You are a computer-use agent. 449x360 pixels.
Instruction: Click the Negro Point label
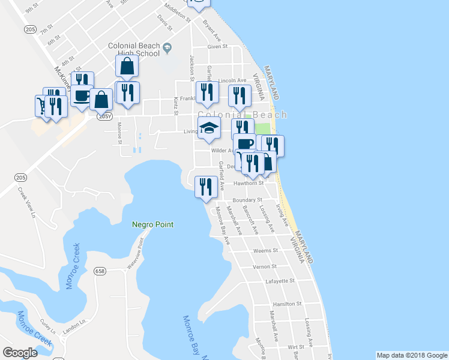pyautogui.click(x=152, y=224)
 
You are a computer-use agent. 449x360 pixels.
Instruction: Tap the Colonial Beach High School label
pyautogui.click(x=133, y=49)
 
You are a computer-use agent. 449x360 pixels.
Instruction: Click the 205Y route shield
pyautogui.click(x=105, y=117)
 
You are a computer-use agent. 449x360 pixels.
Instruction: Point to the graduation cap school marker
pyautogui.click(x=209, y=129)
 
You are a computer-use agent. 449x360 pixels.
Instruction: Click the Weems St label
pyautogui.click(x=266, y=251)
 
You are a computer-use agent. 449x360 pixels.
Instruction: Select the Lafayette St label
pyautogui.click(x=280, y=281)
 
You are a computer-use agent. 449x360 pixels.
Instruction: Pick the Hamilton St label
pyautogui.click(x=286, y=304)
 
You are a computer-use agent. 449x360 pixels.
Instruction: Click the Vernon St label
pyautogui.click(x=264, y=266)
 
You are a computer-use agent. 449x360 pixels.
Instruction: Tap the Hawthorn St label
pyautogui.click(x=249, y=183)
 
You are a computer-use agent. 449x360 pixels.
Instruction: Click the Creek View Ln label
pyautogui.click(x=28, y=203)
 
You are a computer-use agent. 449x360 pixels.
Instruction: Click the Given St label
pyautogui.click(x=217, y=46)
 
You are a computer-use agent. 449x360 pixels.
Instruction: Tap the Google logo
pyautogui.click(x=20, y=353)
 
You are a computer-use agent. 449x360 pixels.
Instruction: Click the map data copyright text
pyautogui.click(x=411, y=355)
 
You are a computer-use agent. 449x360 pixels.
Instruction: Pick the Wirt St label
pyautogui.click(x=296, y=347)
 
